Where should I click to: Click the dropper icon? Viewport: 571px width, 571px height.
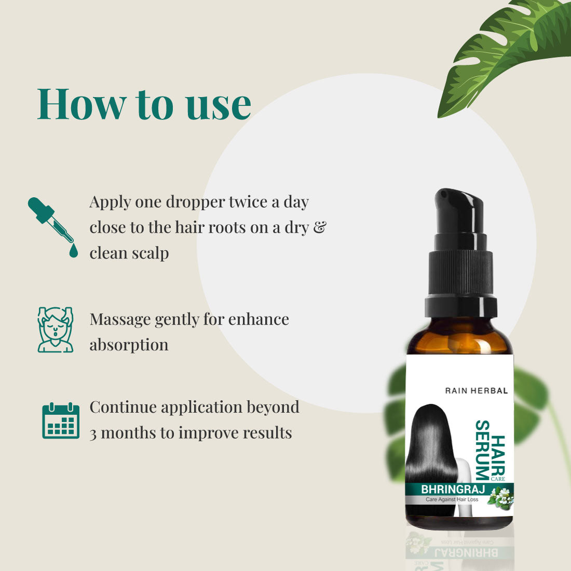coord(52,226)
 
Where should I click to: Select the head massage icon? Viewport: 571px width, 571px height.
coord(56,330)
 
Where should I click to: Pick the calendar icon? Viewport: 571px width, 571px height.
coord(61,420)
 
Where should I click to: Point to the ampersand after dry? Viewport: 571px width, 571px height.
coord(320,227)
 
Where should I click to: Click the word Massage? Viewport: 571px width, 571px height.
coord(120,319)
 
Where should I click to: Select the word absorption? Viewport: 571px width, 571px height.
coord(129,345)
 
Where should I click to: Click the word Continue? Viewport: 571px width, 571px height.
coord(123,407)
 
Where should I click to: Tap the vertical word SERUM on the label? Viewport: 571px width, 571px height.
coord(482,450)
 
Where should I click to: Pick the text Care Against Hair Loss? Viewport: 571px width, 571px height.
coord(452,499)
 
